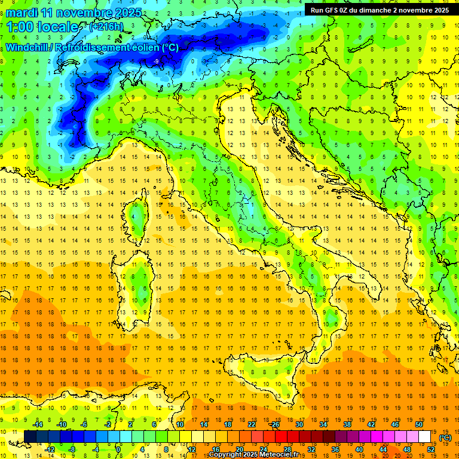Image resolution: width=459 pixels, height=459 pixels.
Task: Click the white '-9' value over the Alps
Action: (x=156, y=61)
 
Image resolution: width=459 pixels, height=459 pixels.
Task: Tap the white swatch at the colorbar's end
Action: (x=424, y=437)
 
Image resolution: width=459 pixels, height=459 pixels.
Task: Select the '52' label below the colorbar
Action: (x=430, y=449)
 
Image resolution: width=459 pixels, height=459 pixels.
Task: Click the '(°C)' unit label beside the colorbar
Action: (x=445, y=437)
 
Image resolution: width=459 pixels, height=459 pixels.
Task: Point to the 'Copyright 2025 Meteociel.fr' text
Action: (x=258, y=455)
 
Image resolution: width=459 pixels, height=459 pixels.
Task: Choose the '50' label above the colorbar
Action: (x=418, y=424)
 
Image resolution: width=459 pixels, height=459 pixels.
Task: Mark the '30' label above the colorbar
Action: (x=299, y=424)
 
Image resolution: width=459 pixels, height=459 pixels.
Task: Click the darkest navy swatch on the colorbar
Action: (x=30, y=437)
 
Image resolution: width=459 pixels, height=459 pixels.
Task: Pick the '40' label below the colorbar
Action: (x=359, y=449)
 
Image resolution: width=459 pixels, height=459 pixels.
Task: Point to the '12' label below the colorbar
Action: (x=191, y=449)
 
